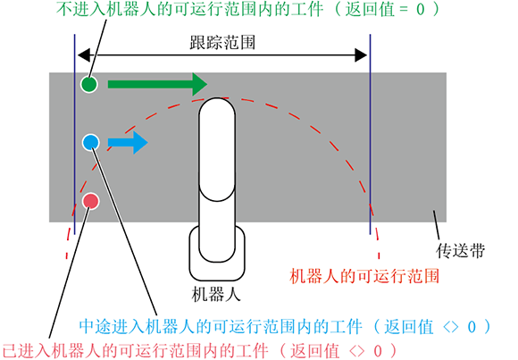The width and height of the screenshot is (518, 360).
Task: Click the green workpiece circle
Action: tap(89, 84)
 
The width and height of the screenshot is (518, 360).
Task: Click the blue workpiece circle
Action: tap(90, 142)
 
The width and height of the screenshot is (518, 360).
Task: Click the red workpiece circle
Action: tap(90, 201)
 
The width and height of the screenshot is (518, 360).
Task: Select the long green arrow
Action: tap(157, 84)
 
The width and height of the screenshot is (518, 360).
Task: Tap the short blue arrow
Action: tap(128, 142)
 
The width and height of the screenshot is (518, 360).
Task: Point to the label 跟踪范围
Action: tap(222, 43)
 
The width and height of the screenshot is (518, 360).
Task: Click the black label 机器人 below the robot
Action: tap(216, 294)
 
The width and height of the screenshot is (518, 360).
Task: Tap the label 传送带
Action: tap(461, 250)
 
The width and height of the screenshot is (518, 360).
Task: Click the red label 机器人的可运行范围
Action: tap(364, 276)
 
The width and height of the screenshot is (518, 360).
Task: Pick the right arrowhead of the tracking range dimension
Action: tap(361, 54)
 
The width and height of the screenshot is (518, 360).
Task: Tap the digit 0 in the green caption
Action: tap(421, 9)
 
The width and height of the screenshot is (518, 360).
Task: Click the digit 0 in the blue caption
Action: tap(472, 327)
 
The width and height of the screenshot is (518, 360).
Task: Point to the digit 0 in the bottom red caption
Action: tap(378, 351)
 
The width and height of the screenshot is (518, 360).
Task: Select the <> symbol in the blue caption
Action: tap(451, 327)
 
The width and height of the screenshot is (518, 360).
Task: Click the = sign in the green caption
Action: tap(404, 10)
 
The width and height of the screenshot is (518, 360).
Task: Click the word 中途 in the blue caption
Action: tap(96, 327)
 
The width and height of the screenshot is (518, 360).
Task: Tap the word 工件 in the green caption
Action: tap(307, 9)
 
